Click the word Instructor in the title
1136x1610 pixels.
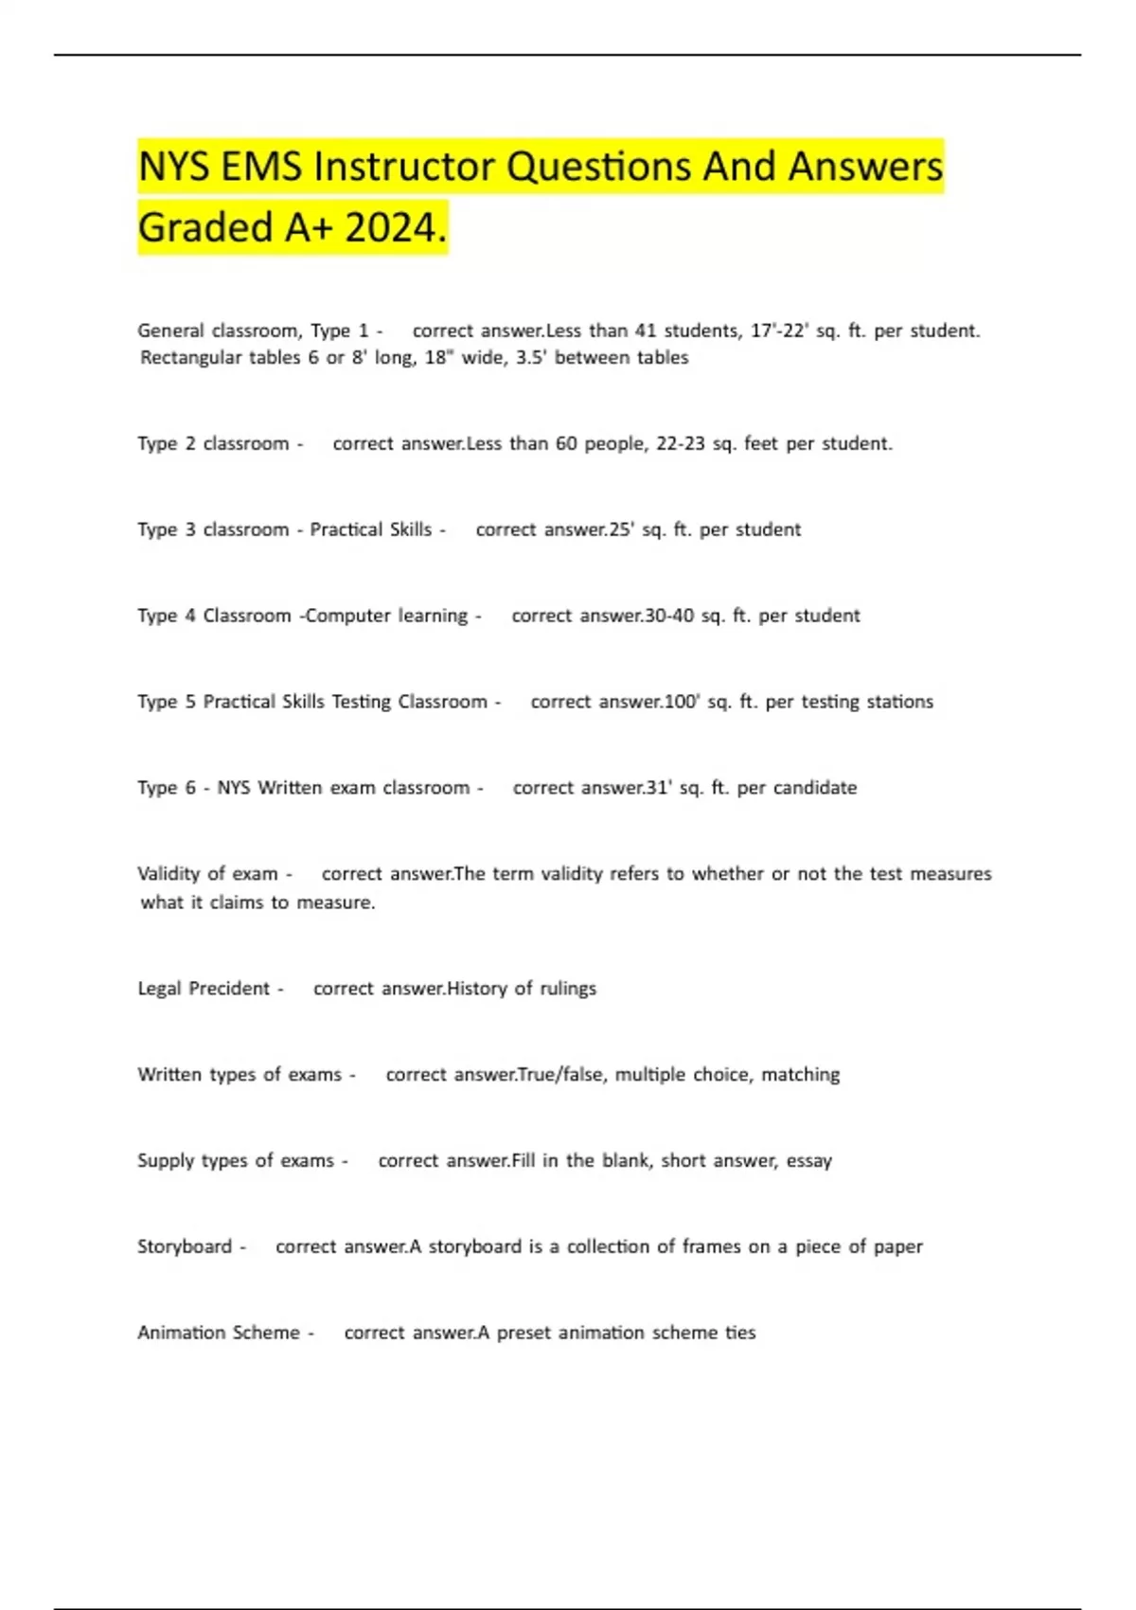tap(404, 168)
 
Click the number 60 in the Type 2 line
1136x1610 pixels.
tap(566, 443)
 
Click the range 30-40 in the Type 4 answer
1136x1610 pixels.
tap(668, 616)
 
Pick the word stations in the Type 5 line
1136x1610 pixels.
tap(899, 702)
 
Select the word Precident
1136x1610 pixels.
tap(229, 989)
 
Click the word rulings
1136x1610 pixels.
tap(568, 989)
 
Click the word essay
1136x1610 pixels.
tap(808, 1161)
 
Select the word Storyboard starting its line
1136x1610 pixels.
tap(185, 1246)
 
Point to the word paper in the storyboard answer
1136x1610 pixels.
tap(897, 1247)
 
